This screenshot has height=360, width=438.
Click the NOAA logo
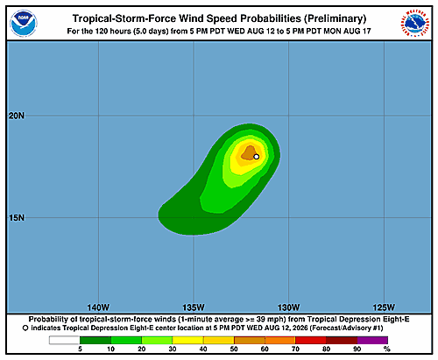pyautogui.click(x=24, y=24)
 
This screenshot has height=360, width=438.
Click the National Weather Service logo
pyautogui.click(x=414, y=24)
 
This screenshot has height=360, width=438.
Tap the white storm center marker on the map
pyautogui.click(x=257, y=157)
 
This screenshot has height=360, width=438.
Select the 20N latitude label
pyautogui.click(x=17, y=116)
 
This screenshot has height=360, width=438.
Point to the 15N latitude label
pyautogui.click(x=17, y=218)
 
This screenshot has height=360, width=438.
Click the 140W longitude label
pyautogui.click(x=98, y=307)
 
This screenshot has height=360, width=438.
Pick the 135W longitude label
pyautogui.click(x=194, y=307)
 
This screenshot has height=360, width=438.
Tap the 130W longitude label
pyautogui.click(x=289, y=307)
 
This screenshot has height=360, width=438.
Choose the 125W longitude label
pyautogui.click(x=384, y=307)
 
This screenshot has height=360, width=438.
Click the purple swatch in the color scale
pyautogui.click(x=372, y=340)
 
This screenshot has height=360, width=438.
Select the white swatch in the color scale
pyautogui.click(x=65, y=340)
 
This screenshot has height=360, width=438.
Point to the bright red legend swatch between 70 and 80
pyautogui.click(x=311, y=340)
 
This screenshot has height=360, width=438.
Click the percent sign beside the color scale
pyautogui.click(x=387, y=349)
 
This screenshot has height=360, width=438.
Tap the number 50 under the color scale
pyautogui.click(x=234, y=349)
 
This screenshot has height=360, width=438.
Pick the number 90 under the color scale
pyautogui.click(x=357, y=349)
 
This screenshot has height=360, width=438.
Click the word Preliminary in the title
pyautogui.click(x=335, y=18)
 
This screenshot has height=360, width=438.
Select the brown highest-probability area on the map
pyautogui.click(x=248, y=153)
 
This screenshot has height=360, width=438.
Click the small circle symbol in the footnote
pyautogui.click(x=25, y=328)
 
